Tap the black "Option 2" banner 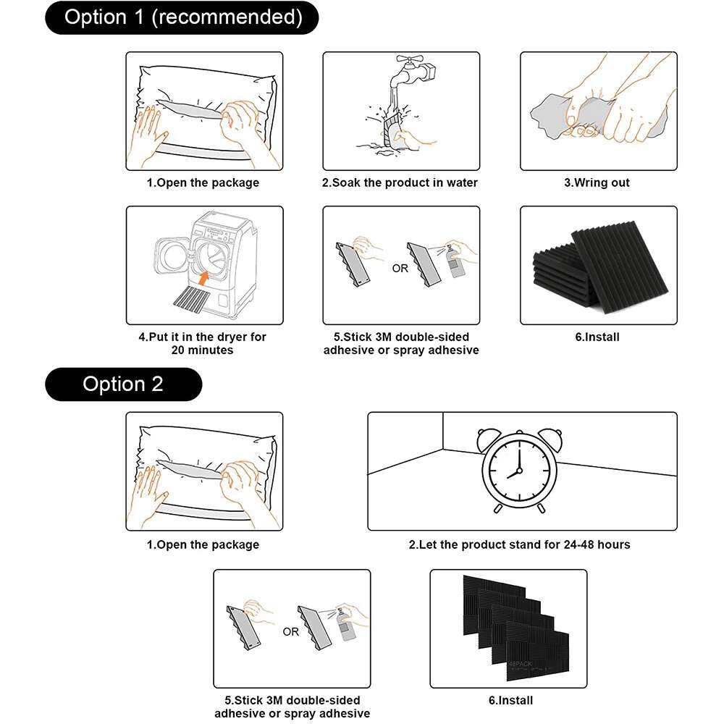123,384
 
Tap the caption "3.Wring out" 597,183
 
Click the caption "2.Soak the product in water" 400,183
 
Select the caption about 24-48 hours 519,544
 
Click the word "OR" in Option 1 400,269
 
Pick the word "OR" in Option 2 291,631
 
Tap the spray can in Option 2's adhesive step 349,627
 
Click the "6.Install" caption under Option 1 597,337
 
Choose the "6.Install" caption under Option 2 511,700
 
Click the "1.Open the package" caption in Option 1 203,183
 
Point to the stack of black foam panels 599,265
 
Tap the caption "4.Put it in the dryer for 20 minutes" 203,343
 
